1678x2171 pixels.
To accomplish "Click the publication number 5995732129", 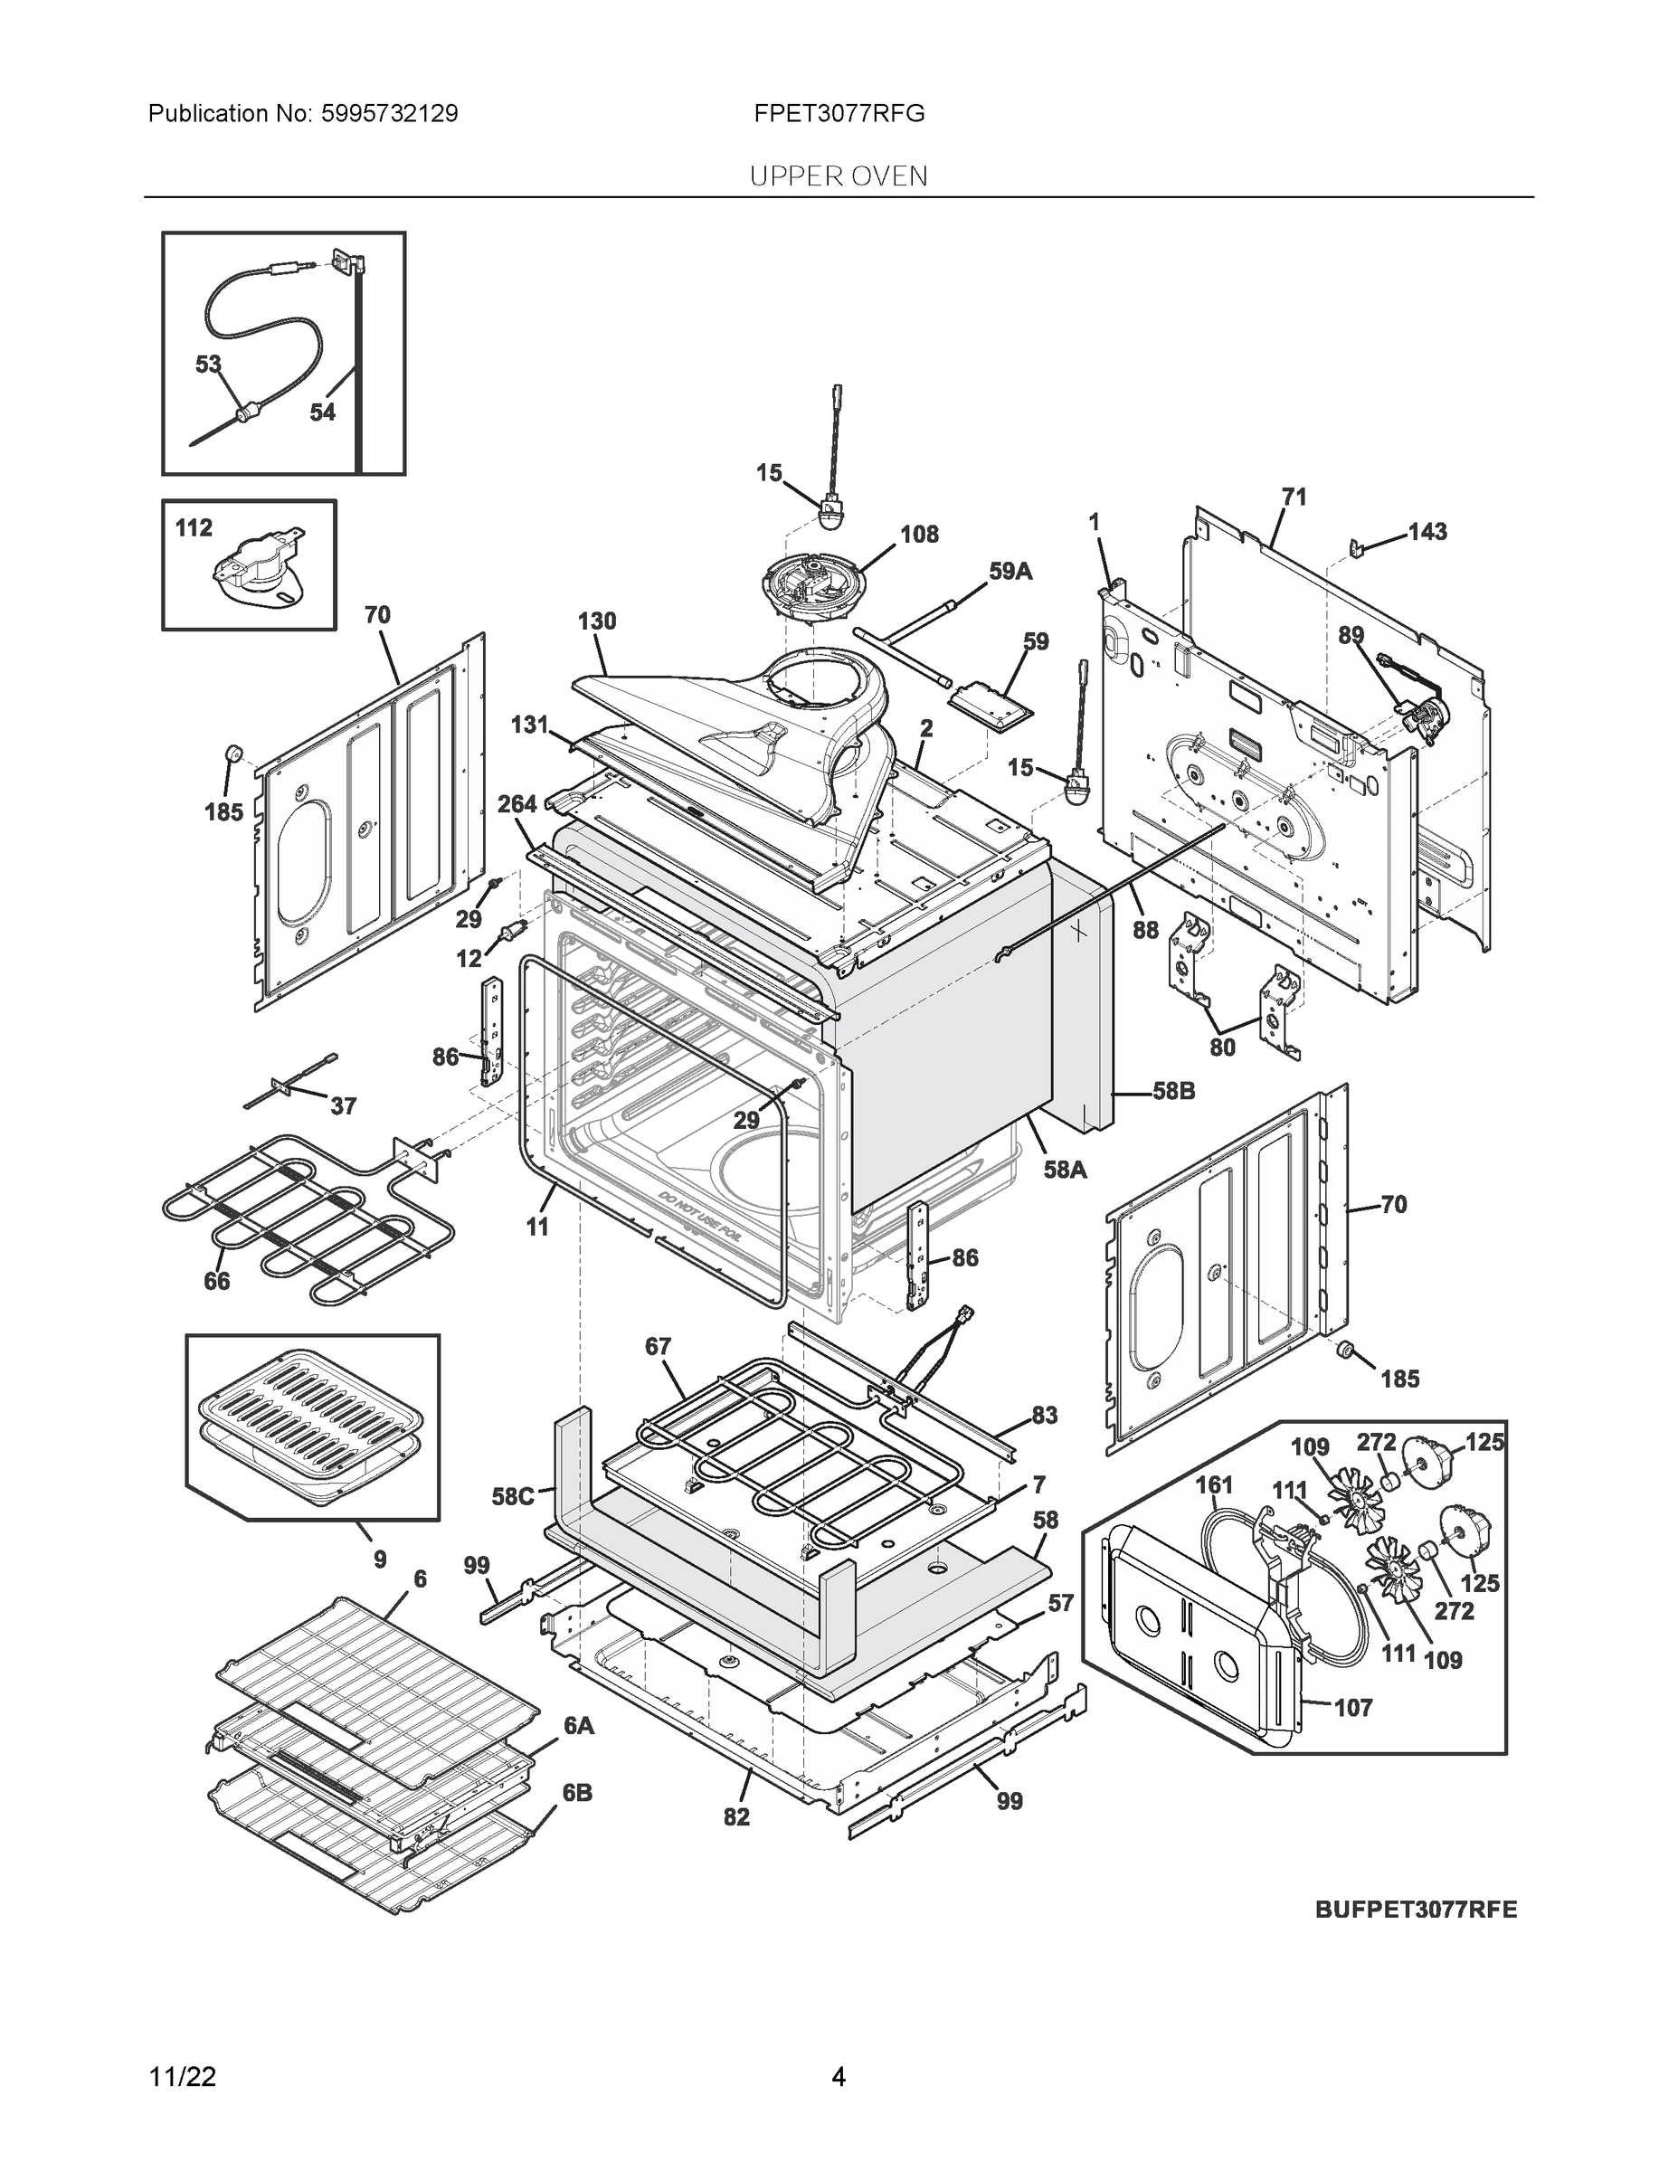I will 389,113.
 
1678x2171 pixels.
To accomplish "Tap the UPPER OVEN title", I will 838,177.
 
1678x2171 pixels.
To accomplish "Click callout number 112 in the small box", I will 194,528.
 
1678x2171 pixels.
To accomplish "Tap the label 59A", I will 1010,572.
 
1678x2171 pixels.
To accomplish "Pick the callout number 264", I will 517,804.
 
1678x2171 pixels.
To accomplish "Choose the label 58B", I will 1173,1092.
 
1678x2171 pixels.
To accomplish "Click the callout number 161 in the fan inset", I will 1213,1485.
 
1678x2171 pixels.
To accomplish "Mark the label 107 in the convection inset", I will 1352,1708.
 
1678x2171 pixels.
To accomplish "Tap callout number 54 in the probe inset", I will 322,412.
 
